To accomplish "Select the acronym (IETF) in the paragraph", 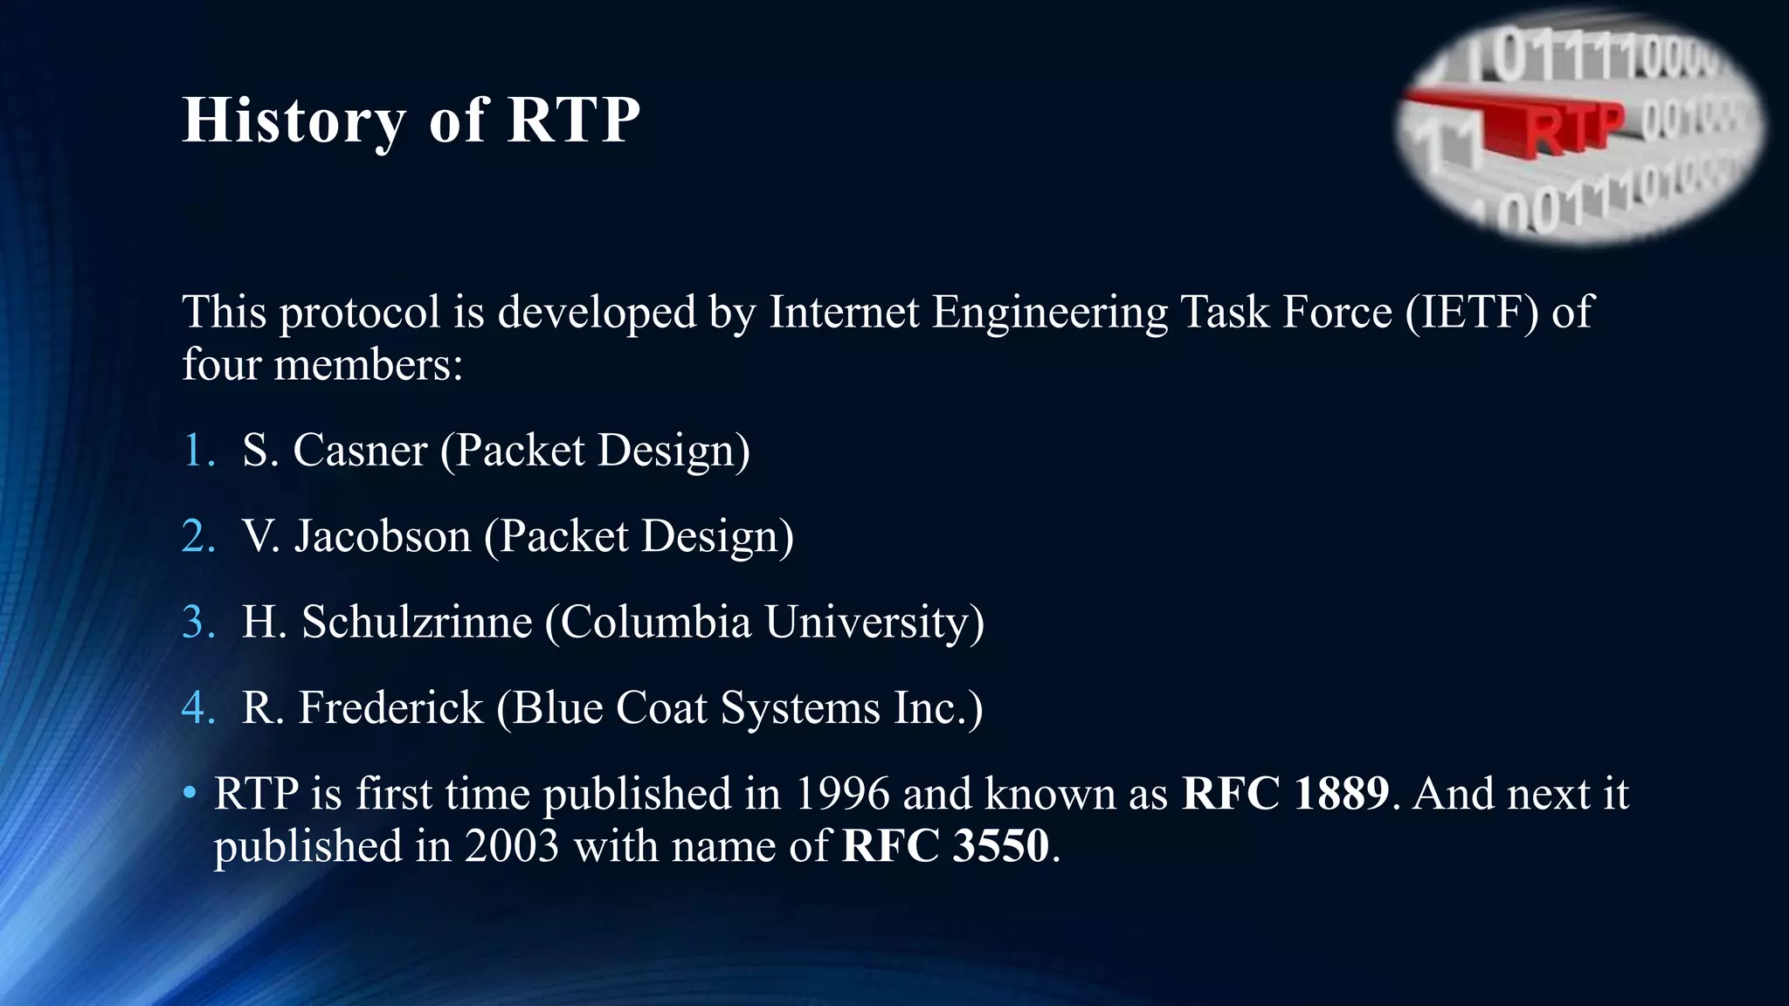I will pyautogui.click(x=1472, y=313).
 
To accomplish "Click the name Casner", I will pyautogui.click(x=360, y=451).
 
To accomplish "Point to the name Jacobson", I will pyautogui.click(x=383, y=536).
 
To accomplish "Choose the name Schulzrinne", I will pyautogui.click(x=417, y=622).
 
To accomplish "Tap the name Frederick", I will pyautogui.click(x=390, y=707).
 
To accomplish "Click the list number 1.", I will pyautogui.click(x=197, y=451).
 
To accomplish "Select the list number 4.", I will pyautogui.click(x=197, y=707).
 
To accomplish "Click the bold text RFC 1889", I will pyautogui.click(x=1284, y=794).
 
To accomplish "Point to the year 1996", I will pyautogui.click(x=842, y=794).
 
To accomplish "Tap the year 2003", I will pyautogui.click(x=511, y=846).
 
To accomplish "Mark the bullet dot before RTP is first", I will pyautogui.click(x=190, y=793).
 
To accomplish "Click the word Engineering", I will pyautogui.click(x=1049, y=313).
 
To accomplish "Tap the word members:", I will pyautogui.click(x=368, y=365).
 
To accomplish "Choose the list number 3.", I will pyautogui.click(x=197, y=622).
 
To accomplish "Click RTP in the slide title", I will pyautogui.click(x=573, y=121).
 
